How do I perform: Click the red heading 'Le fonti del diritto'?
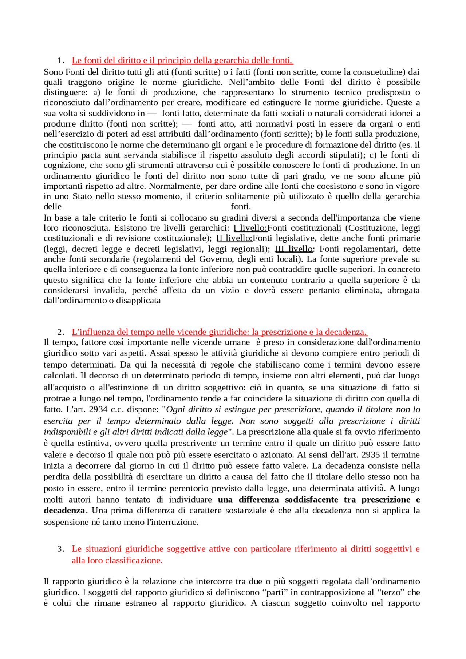click(x=182, y=60)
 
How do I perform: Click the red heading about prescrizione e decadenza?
click(x=220, y=332)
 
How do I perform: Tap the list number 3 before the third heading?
click(x=60, y=549)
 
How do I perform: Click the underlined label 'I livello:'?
click(x=250, y=228)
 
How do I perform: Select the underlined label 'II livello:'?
click(x=234, y=238)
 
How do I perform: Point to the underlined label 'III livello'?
click(x=293, y=249)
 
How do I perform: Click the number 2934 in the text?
click(x=98, y=409)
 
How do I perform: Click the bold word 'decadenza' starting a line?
click(x=64, y=511)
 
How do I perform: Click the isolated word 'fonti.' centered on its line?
click(x=241, y=207)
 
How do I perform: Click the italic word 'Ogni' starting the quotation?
click(x=175, y=409)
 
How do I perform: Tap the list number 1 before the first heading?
click(x=60, y=60)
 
